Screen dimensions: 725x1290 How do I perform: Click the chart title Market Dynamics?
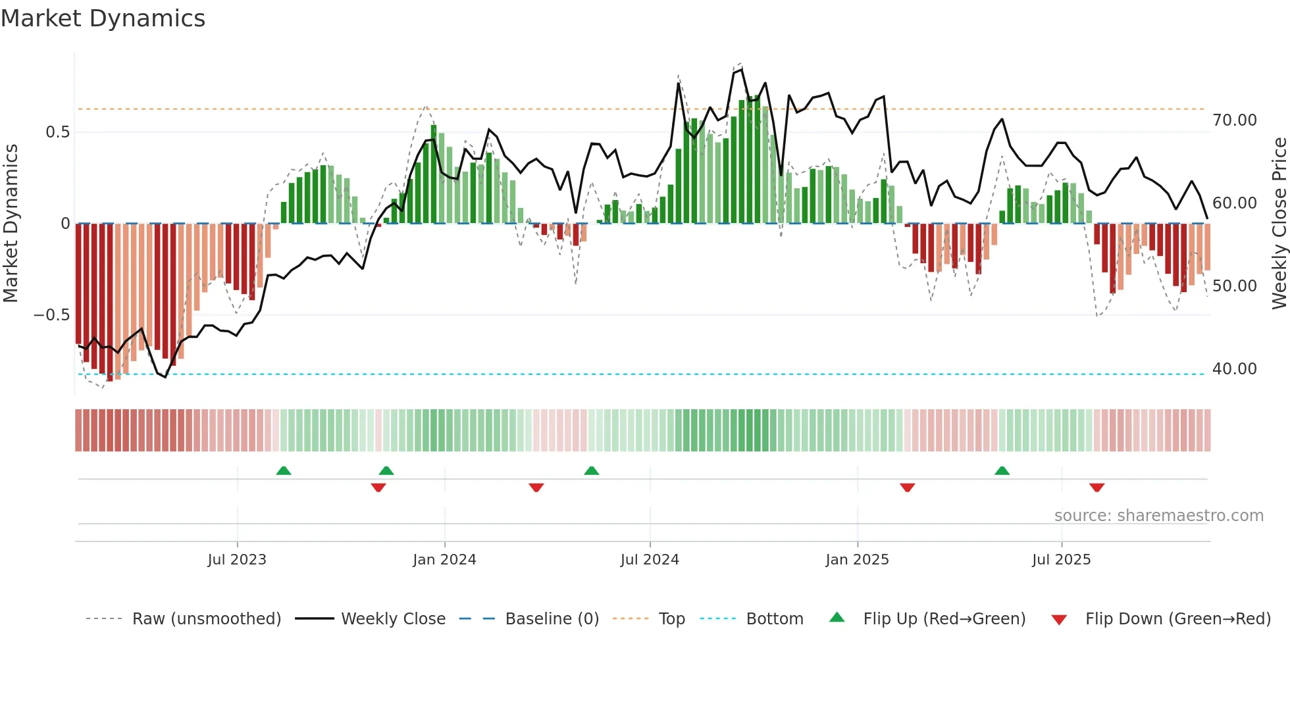pyautogui.click(x=103, y=18)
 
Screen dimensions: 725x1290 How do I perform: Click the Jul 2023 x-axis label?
pyautogui.click(x=237, y=560)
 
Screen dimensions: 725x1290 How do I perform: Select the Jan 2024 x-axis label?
pyautogui.click(x=444, y=560)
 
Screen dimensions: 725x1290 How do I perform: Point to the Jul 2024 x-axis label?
pyautogui.click(x=650, y=560)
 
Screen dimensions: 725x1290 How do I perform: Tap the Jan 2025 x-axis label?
pyautogui.click(x=857, y=560)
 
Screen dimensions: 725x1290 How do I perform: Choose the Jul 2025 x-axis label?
pyautogui.click(x=1061, y=560)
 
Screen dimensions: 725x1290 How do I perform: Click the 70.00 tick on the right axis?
pyautogui.click(x=1234, y=120)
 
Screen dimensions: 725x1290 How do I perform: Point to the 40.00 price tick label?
pyautogui.click(x=1234, y=369)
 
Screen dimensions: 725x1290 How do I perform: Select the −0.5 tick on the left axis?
pyautogui.click(x=51, y=315)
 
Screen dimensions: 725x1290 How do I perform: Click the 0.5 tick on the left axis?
pyautogui.click(x=57, y=132)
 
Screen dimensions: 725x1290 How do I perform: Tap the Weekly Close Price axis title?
pyautogui.click(x=1279, y=223)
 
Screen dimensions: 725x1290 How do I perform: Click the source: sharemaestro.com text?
pyautogui.click(x=1158, y=516)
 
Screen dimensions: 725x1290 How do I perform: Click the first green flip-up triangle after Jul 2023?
pyautogui.click(x=284, y=471)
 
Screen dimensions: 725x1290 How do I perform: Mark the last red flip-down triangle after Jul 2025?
pyautogui.click(x=1096, y=488)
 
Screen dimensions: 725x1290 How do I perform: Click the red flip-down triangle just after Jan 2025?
pyautogui.click(x=908, y=488)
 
